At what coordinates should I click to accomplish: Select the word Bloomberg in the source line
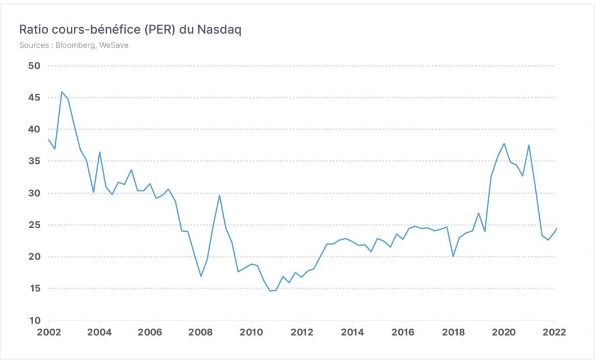[75, 45]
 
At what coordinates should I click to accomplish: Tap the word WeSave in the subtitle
[114, 45]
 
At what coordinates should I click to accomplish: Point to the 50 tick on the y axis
[34, 66]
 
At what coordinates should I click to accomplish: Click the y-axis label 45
[34, 98]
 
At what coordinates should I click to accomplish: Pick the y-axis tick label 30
[34, 193]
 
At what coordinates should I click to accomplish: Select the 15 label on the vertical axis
[34, 289]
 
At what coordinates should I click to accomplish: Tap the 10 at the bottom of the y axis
[34, 321]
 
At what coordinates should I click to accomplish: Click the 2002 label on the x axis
[49, 332]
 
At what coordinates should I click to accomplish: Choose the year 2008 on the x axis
[200, 332]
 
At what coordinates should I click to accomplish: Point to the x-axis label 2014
[353, 332]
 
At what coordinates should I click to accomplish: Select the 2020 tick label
[504, 332]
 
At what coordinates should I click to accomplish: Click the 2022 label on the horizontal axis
[554, 332]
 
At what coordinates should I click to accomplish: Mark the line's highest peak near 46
[62, 92]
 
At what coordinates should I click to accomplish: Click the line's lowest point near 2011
[270, 291]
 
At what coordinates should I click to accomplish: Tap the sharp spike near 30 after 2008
[219, 195]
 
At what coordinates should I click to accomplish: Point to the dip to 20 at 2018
[453, 256]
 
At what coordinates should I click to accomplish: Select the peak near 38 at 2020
[504, 143]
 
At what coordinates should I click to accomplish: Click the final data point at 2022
[556, 228]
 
